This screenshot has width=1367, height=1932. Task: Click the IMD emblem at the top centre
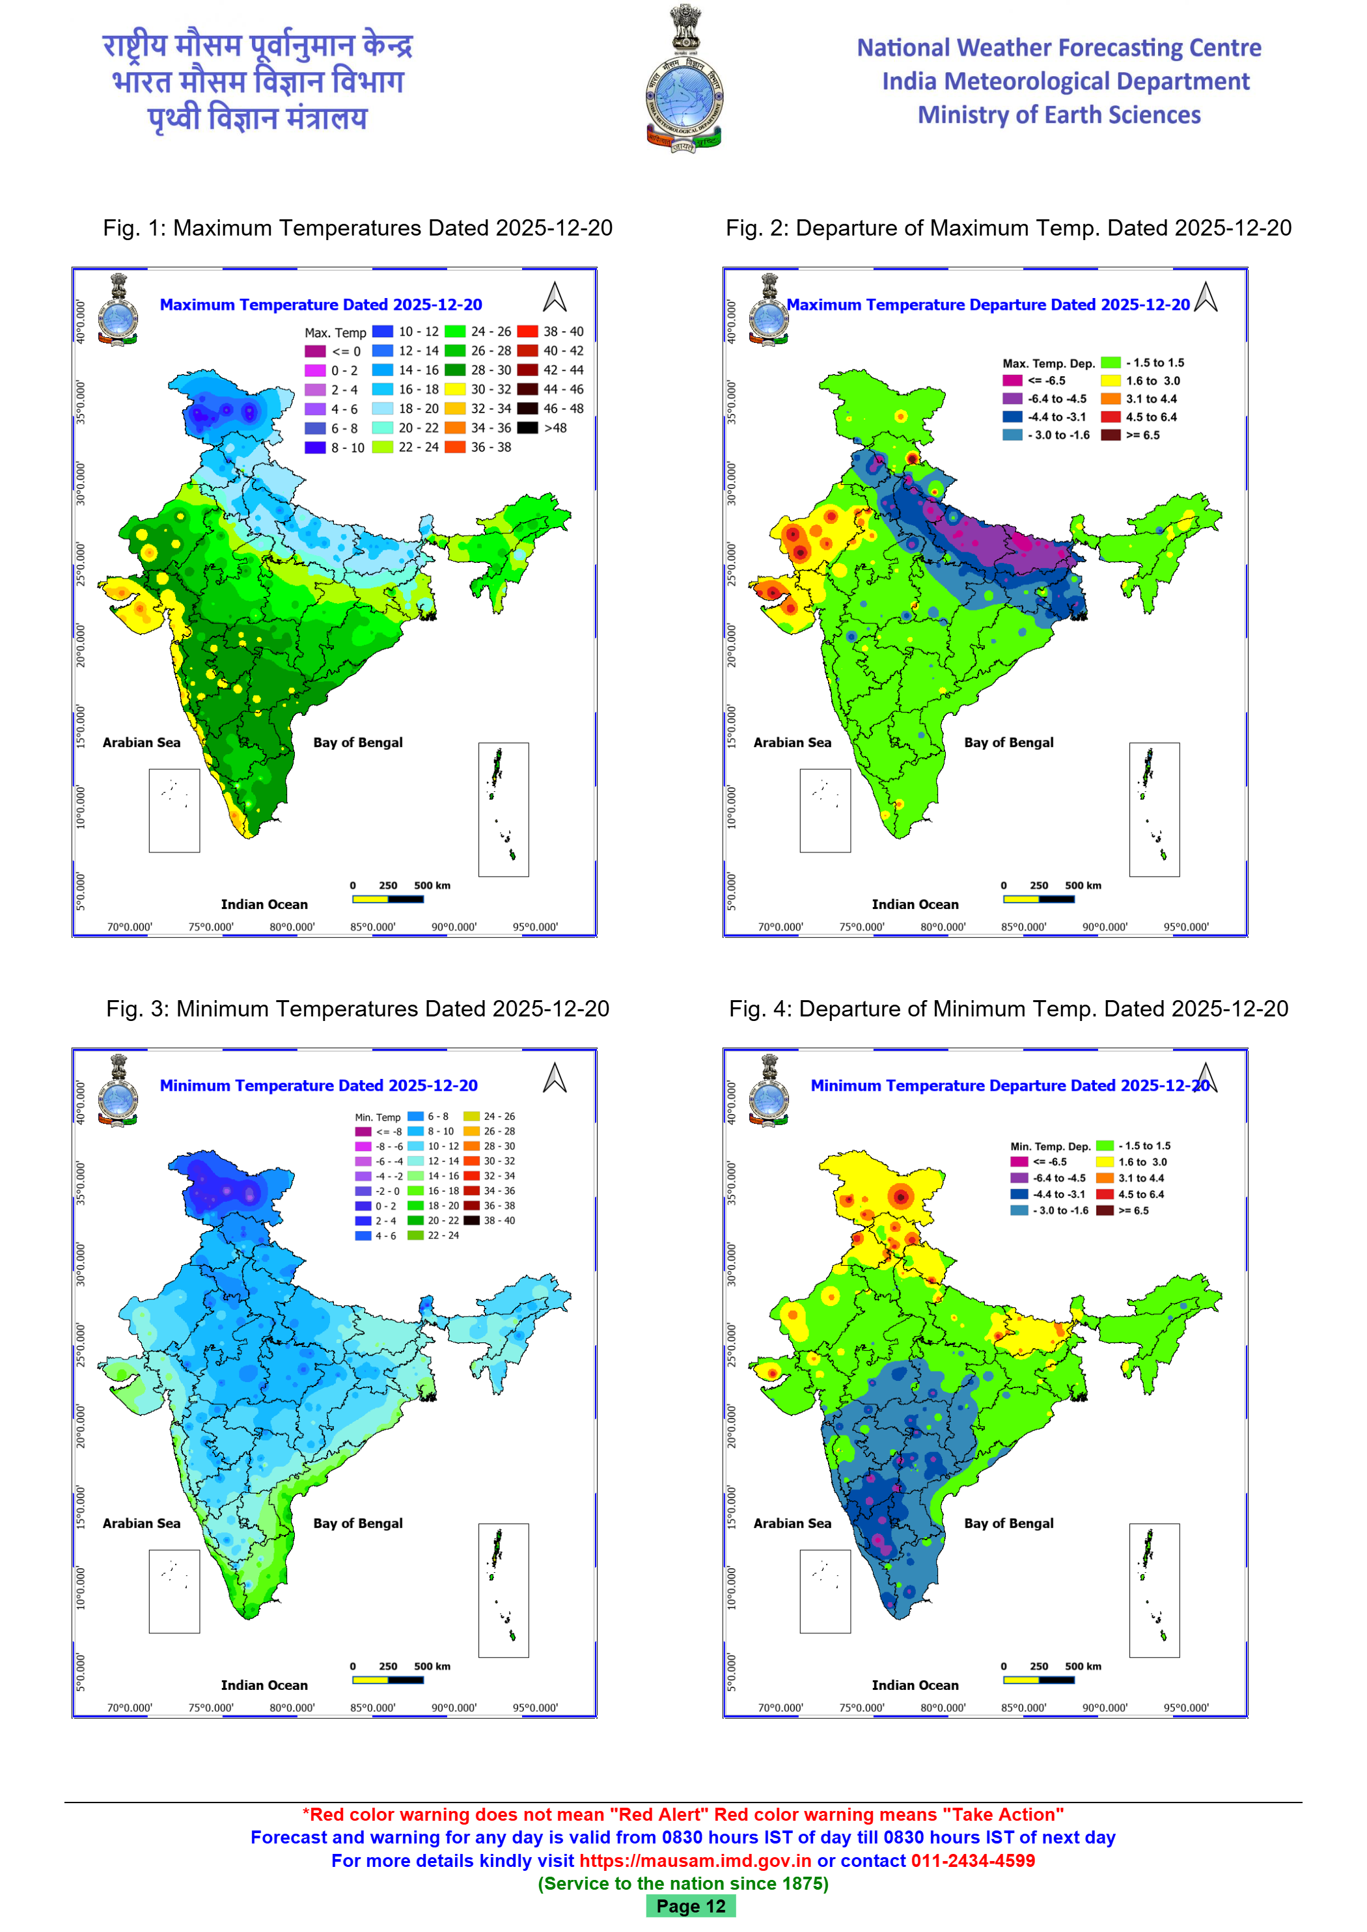click(x=683, y=80)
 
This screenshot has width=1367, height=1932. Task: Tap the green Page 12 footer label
click(x=690, y=1906)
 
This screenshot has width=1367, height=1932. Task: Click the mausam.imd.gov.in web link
click(x=695, y=1860)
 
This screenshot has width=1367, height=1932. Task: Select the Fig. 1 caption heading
click(x=358, y=228)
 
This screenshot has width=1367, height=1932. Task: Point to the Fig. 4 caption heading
click(x=1008, y=1008)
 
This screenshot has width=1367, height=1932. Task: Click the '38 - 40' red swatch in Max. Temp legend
click(x=528, y=331)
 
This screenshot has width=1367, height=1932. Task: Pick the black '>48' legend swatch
click(x=528, y=428)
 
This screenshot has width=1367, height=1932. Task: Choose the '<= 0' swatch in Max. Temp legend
click(x=315, y=351)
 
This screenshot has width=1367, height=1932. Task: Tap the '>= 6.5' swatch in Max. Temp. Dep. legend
click(x=1111, y=435)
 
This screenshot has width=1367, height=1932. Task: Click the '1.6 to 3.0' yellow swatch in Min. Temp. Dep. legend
click(x=1105, y=1162)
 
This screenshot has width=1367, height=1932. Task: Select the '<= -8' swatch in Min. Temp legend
click(x=363, y=1132)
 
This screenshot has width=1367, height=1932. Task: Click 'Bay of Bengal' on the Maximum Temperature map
click(x=358, y=742)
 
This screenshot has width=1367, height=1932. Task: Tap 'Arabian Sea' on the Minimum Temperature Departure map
click(x=792, y=1523)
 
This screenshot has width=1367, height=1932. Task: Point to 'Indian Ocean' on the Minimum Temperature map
click(x=264, y=1685)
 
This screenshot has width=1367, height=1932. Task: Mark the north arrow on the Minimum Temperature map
click(x=555, y=1078)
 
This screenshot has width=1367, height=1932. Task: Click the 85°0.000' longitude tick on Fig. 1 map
click(x=373, y=927)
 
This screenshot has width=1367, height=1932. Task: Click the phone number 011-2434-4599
click(x=973, y=1860)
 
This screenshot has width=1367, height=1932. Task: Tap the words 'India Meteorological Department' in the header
click(x=1066, y=81)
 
